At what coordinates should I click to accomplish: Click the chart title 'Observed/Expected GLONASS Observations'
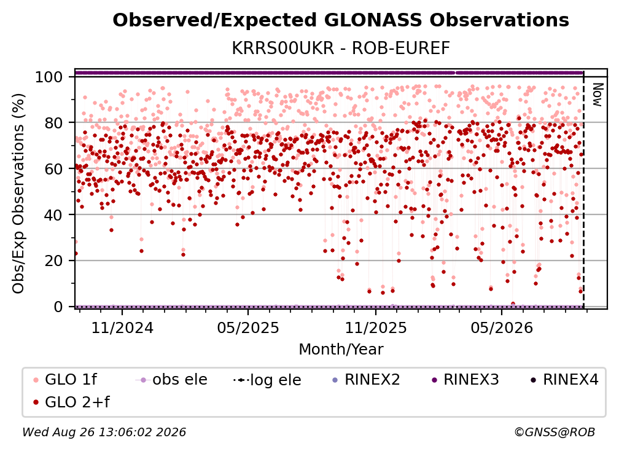point(341,20)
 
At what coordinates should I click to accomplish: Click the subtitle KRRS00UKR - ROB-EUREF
point(341,49)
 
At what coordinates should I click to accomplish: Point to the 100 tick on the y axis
point(49,77)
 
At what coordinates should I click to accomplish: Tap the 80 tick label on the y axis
point(53,123)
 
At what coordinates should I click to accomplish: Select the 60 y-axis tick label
point(53,168)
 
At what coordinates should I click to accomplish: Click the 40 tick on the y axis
point(53,215)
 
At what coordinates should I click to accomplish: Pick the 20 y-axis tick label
point(53,261)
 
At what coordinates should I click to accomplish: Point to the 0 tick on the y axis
point(58,307)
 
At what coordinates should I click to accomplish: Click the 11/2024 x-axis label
point(122,327)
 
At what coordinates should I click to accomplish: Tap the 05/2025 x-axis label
point(248,327)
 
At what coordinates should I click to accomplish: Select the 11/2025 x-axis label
point(376,327)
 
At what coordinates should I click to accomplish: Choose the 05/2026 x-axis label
point(502,327)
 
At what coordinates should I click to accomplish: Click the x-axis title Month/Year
point(341,349)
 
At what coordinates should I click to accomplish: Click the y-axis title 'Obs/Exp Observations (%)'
point(18,193)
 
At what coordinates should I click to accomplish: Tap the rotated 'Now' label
point(598,95)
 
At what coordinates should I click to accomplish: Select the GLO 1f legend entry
point(65,380)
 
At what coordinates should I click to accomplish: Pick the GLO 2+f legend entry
point(71,402)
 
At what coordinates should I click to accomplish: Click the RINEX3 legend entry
point(465,380)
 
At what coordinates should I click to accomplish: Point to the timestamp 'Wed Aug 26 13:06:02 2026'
point(104,432)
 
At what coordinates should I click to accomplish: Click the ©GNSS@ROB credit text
point(555,432)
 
